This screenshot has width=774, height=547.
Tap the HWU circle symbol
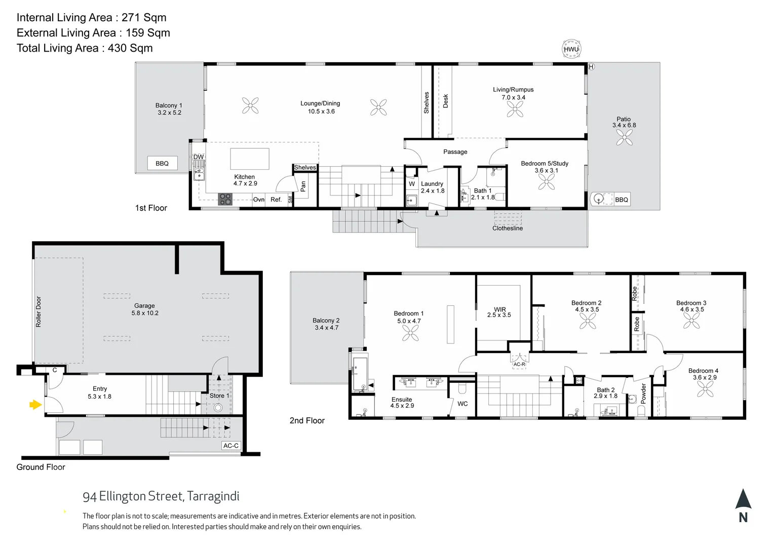571,49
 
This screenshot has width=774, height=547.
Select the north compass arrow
743,499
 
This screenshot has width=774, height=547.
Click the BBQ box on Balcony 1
162,163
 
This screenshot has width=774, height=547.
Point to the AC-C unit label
231,446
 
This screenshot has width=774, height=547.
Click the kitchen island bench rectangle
250,159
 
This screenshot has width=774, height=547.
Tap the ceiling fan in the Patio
624,137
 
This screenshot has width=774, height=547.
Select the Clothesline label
508,228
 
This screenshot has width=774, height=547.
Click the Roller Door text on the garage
38,311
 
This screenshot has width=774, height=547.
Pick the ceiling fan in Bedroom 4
705,389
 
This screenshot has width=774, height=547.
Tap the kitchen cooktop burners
225,199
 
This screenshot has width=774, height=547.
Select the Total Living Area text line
85,48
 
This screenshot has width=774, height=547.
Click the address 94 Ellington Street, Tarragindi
161,496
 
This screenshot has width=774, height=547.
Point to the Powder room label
644,393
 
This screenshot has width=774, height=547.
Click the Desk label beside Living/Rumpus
446,101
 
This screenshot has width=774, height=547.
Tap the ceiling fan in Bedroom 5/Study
546,181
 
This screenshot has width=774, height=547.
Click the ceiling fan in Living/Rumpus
515,109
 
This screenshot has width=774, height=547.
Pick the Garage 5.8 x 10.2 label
145,309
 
